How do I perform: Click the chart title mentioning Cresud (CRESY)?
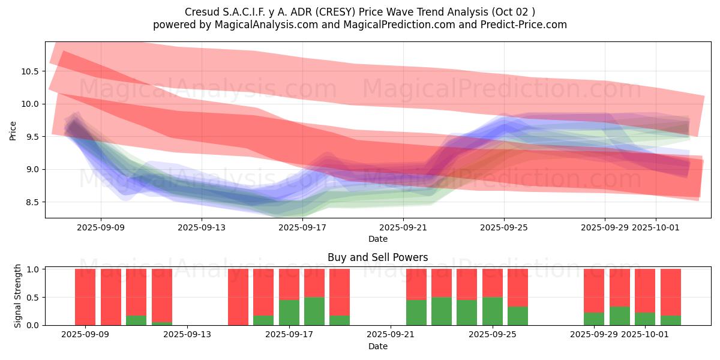[x=360, y=12]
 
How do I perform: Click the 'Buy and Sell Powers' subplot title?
[x=377, y=257]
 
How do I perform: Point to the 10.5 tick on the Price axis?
[x=29, y=71]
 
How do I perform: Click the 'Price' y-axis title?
[x=13, y=130]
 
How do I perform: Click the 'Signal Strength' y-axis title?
[x=18, y=296]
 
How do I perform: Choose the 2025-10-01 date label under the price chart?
[x=655, y=228]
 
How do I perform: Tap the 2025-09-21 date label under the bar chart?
[x=391, y=335]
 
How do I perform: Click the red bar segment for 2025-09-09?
[x=85, y=297]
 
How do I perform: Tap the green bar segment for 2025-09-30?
[x=620, y=316]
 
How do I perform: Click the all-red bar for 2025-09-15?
[x=238, y=297]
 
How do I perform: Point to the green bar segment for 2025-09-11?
[x=136, y=320]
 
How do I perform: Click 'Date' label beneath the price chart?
[x=377, y=239]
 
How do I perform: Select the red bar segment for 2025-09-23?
[x=442, y=283]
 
